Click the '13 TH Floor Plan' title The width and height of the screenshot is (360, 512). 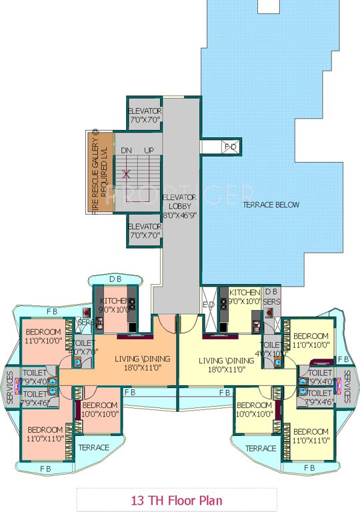177,499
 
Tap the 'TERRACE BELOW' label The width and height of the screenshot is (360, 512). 271,205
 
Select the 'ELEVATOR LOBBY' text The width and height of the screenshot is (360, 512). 179,206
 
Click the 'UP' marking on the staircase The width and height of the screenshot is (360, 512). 149,151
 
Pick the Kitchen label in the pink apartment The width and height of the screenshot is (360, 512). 113,305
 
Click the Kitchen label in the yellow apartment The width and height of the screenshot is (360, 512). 244,297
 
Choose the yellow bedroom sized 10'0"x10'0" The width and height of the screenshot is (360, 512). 254,409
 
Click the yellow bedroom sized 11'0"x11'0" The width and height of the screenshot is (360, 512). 311,435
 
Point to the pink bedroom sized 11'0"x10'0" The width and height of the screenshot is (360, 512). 43,337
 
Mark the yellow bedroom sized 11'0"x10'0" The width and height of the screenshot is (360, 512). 311,340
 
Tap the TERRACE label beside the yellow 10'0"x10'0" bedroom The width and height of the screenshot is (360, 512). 261,448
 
